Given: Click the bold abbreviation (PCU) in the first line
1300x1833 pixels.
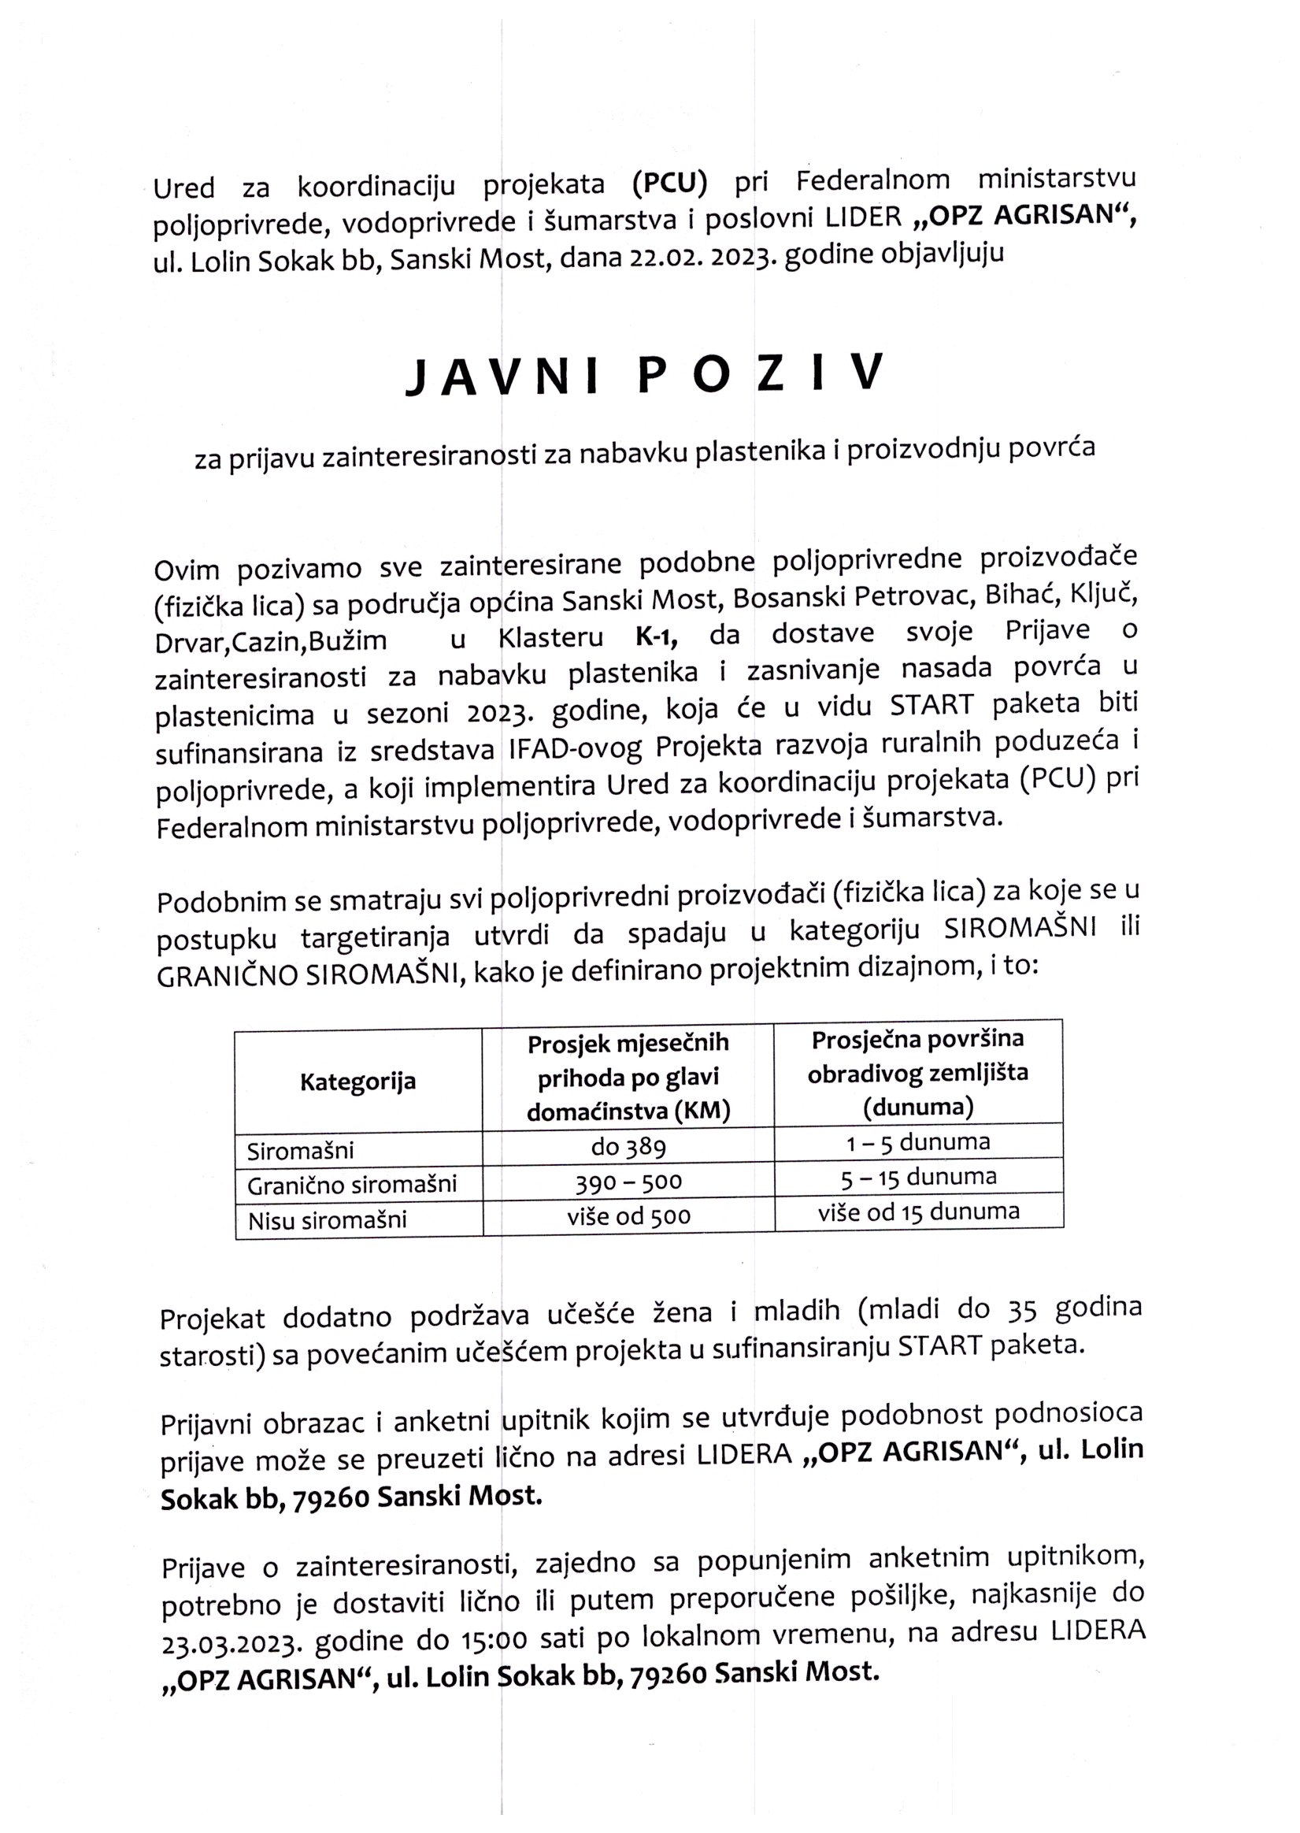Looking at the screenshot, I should point(669,183).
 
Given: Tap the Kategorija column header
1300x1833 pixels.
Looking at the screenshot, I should point(357,1082).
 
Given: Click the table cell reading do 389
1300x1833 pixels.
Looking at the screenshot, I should point(628,1148).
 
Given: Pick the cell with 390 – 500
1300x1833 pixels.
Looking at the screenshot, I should point(628,1182).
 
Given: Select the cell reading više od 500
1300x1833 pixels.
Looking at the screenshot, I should point(628,1217).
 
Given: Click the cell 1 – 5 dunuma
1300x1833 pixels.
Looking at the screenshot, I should point(918,1143).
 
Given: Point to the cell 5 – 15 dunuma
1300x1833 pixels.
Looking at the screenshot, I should point(918,1177).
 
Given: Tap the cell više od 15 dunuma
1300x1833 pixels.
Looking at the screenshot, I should point(918,1212).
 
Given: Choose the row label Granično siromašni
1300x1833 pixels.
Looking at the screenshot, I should point(351,1185).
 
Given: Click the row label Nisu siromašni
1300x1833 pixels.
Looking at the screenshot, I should point(328,1220).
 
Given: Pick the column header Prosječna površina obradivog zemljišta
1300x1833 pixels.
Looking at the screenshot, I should point(917,1073).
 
